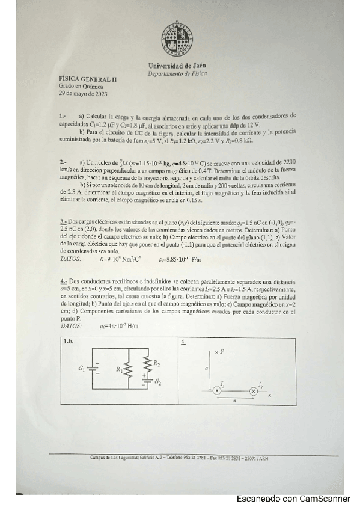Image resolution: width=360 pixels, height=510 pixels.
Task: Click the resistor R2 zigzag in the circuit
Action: point(147,363)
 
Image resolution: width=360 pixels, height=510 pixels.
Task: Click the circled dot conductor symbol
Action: point(217,391)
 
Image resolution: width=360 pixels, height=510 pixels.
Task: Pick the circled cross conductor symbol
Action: point(254,391)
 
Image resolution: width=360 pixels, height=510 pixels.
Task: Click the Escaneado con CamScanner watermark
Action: point(293,499)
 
